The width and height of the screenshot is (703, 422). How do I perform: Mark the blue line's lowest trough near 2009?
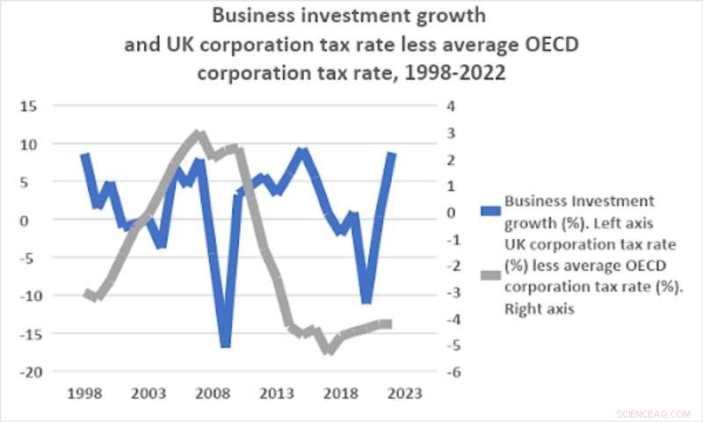pyautogui.click(x=225, y=344)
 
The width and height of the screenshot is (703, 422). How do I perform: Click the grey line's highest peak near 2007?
pyautogui.click(x=199, y=135)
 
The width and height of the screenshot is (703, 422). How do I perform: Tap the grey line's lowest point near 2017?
pyautogui.click(x=329, y=350)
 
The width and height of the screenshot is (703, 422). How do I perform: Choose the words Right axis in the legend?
pyautogui.click(x=537, y=309)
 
